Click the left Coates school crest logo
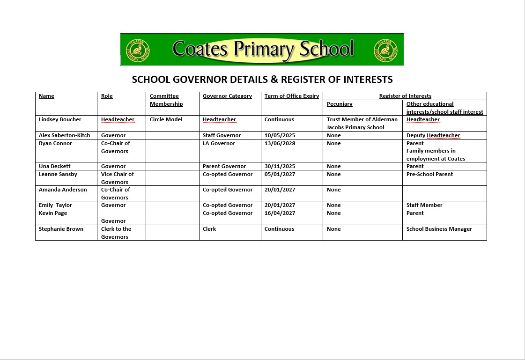[137, 50]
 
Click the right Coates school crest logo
[385, 50]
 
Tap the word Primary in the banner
[264, 49]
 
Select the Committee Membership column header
[166, 100]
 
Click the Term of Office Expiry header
[291, 96]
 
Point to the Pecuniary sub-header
[340, 104]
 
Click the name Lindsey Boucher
[60, 119]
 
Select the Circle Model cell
[166, 119]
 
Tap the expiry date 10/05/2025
[280, 135]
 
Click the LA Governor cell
[219, 143]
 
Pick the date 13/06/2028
[280, 143]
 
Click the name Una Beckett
[55, 166]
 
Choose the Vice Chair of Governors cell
[118, 178]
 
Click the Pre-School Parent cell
[430, 174]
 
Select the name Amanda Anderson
[63, 190]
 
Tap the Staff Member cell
[424, 205]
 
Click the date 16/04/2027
[280, 213]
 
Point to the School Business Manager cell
[439, 229]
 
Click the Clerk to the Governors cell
[116, 233]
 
